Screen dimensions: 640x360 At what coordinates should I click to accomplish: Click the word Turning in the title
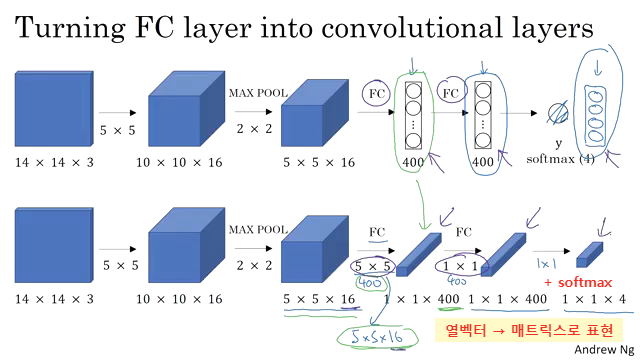75,29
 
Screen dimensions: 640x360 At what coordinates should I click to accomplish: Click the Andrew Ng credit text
602,350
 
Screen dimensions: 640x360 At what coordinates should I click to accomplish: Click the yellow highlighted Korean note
528,329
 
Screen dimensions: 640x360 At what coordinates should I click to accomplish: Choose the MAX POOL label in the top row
258,93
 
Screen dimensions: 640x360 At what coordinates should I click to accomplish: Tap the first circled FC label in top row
377,93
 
